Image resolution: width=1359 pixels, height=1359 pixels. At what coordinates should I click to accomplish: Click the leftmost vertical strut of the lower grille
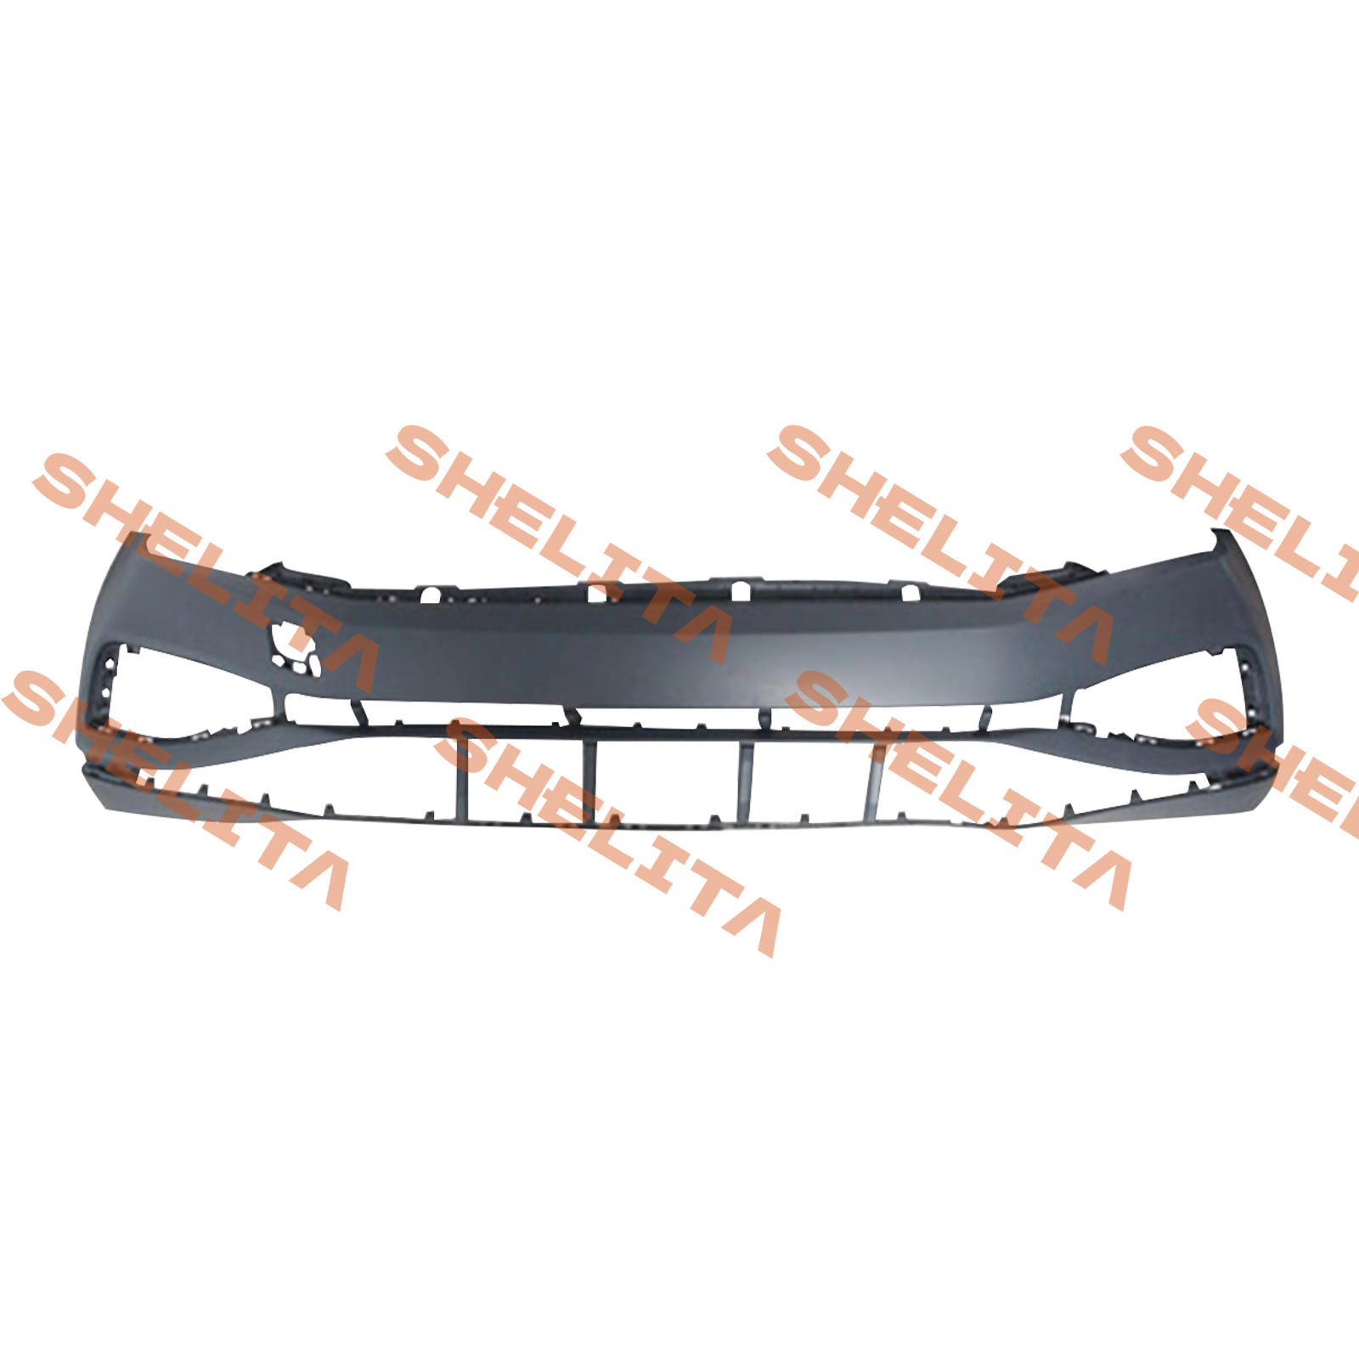click(x=462, y=776)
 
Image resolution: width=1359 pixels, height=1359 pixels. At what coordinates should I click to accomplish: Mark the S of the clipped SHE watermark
click(x=1223, y=727)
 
